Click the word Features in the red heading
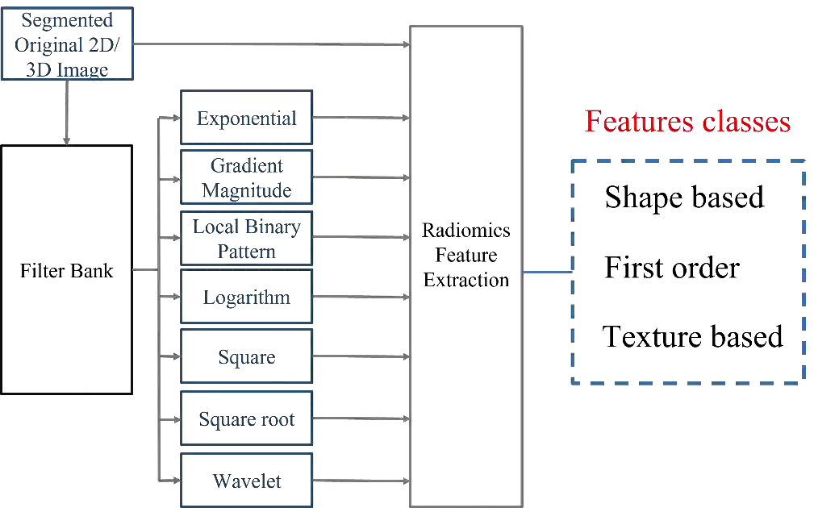click(633, 123)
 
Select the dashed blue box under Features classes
click(687, 270)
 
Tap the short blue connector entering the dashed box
click(549, 274)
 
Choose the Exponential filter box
click(246, 119)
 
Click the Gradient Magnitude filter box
click(246, 178)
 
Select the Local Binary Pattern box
click(246, 239)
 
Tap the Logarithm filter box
click(246, 298)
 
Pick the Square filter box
click(246, 357)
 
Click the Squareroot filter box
click(246, 417)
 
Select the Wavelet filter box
click(246, 481)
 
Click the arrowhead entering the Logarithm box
click(178, 298)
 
